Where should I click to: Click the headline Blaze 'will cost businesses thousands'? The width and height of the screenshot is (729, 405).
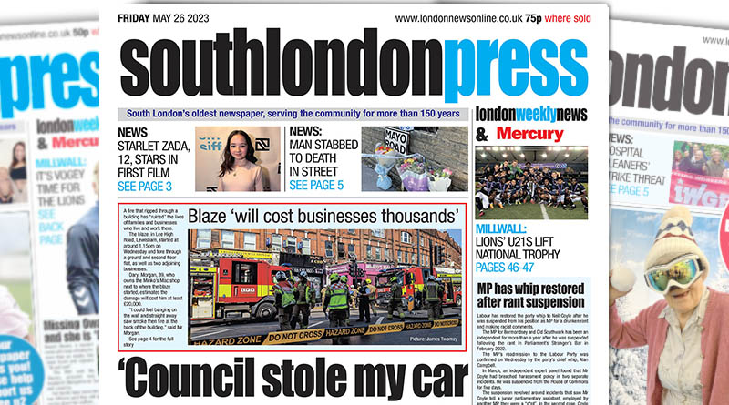[x=323, y=217]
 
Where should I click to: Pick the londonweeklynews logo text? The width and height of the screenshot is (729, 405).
[x=531, y=116]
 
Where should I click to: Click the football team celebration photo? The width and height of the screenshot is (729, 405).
[x=531, y=183]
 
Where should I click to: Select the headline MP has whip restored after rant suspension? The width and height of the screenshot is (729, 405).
[x=531, y=297]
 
